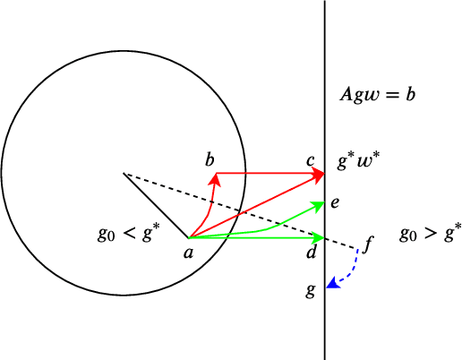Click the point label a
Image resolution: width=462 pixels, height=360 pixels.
188,253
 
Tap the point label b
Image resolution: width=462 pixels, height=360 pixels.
210,160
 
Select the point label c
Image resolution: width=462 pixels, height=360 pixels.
310,160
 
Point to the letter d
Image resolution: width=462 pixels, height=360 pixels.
311,254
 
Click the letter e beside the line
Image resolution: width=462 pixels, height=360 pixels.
334,203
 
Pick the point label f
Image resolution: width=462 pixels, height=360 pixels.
369,242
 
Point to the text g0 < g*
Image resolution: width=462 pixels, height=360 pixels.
129,235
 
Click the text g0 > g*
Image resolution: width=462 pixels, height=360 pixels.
431,234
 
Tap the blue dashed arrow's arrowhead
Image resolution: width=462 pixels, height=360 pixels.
333,283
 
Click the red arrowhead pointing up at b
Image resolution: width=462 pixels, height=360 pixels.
215,177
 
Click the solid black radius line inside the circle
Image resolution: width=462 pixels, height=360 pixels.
156,205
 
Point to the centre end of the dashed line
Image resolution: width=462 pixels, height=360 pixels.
124,173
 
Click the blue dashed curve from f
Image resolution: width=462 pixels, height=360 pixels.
354,265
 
